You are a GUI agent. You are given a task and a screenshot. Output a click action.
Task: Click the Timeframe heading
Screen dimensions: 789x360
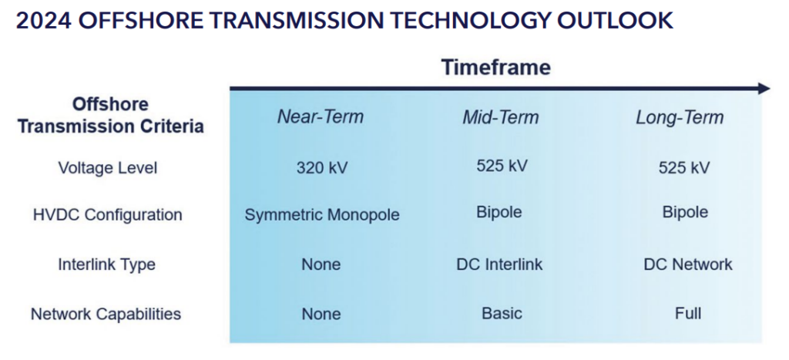coord(496,68)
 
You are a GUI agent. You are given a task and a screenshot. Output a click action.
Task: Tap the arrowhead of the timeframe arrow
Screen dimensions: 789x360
coord(764,89)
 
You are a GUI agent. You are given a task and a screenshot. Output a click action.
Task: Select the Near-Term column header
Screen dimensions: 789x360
coord(321,117)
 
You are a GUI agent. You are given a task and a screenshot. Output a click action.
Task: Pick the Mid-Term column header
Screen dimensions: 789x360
coord(501,117)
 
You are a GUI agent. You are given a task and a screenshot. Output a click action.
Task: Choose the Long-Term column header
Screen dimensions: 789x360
coord(680,117)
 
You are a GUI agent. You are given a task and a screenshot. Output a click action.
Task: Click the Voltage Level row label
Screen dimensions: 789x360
coord(108,167)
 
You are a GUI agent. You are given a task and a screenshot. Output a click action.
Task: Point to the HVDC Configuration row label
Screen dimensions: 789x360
coord(108,215)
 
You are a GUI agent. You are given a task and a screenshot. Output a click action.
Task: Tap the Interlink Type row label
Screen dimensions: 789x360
coord(106,264)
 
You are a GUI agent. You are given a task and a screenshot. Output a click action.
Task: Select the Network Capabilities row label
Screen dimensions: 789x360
coord(106,315)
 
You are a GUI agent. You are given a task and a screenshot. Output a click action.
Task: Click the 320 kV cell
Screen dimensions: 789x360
coord(322,167)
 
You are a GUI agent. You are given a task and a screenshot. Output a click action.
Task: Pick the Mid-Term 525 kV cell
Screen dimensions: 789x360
coord(502,166)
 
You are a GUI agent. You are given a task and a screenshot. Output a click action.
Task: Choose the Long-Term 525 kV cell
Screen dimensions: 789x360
coord(684,167)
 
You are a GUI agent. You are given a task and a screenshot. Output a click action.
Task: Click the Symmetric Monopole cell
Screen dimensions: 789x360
coord(322,215)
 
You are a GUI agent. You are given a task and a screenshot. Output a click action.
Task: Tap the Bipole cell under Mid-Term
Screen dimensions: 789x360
coord(499,212)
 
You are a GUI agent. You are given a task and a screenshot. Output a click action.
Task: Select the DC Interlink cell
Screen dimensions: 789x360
coord(499,264)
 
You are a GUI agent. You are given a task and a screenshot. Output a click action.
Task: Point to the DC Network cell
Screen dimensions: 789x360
coord(688,264)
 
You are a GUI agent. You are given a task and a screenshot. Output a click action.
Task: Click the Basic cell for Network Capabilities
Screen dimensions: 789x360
coord(502,313)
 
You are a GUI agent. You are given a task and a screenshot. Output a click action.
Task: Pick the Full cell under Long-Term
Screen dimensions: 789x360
coord(688,313)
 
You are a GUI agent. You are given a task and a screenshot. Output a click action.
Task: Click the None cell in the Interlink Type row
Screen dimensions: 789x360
coord(321,264)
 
